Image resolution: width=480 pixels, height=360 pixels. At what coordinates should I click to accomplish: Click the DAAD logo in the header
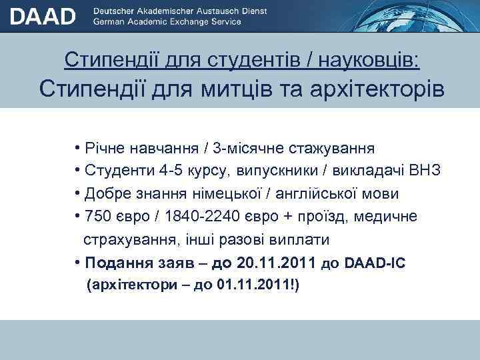click(x=42, y=16)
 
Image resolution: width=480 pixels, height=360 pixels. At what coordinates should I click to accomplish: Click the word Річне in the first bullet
click(x=101, y=147)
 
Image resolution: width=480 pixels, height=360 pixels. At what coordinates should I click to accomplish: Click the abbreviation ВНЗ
click(x=425, y=171)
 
